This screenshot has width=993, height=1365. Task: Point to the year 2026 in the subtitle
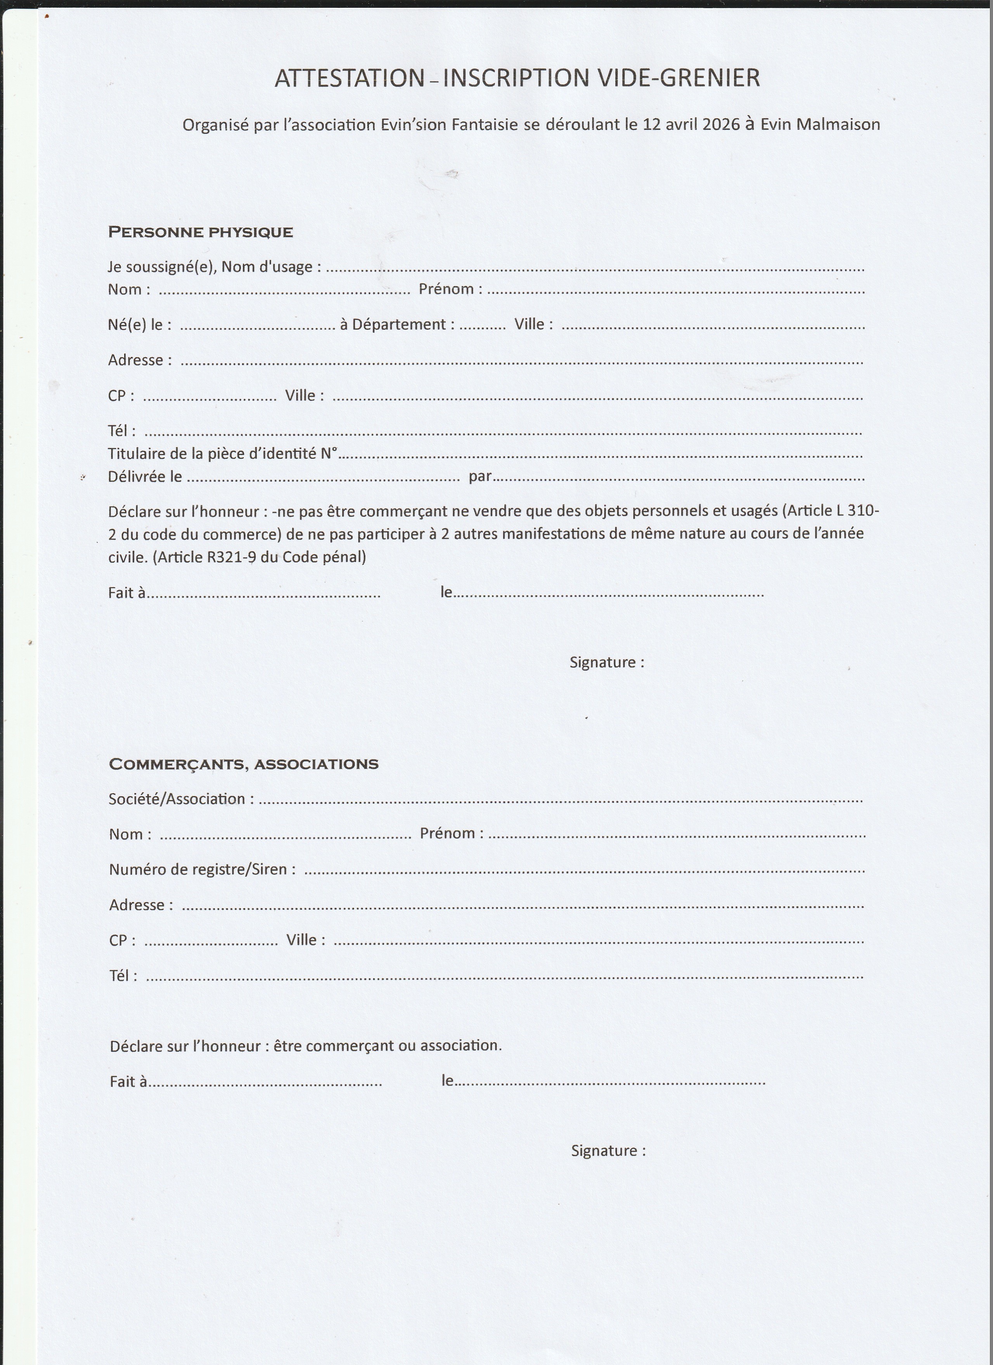pos(721,124)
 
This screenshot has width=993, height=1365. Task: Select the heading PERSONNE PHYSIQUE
pos(201,232)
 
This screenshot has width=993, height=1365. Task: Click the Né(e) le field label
pos(139,325)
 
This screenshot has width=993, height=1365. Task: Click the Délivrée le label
pos(145,477)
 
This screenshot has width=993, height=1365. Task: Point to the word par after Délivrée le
pos(480,477)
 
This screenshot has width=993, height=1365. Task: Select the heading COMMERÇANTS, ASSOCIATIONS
pos(243,764)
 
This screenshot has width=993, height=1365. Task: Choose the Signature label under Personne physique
pos(606,663)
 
